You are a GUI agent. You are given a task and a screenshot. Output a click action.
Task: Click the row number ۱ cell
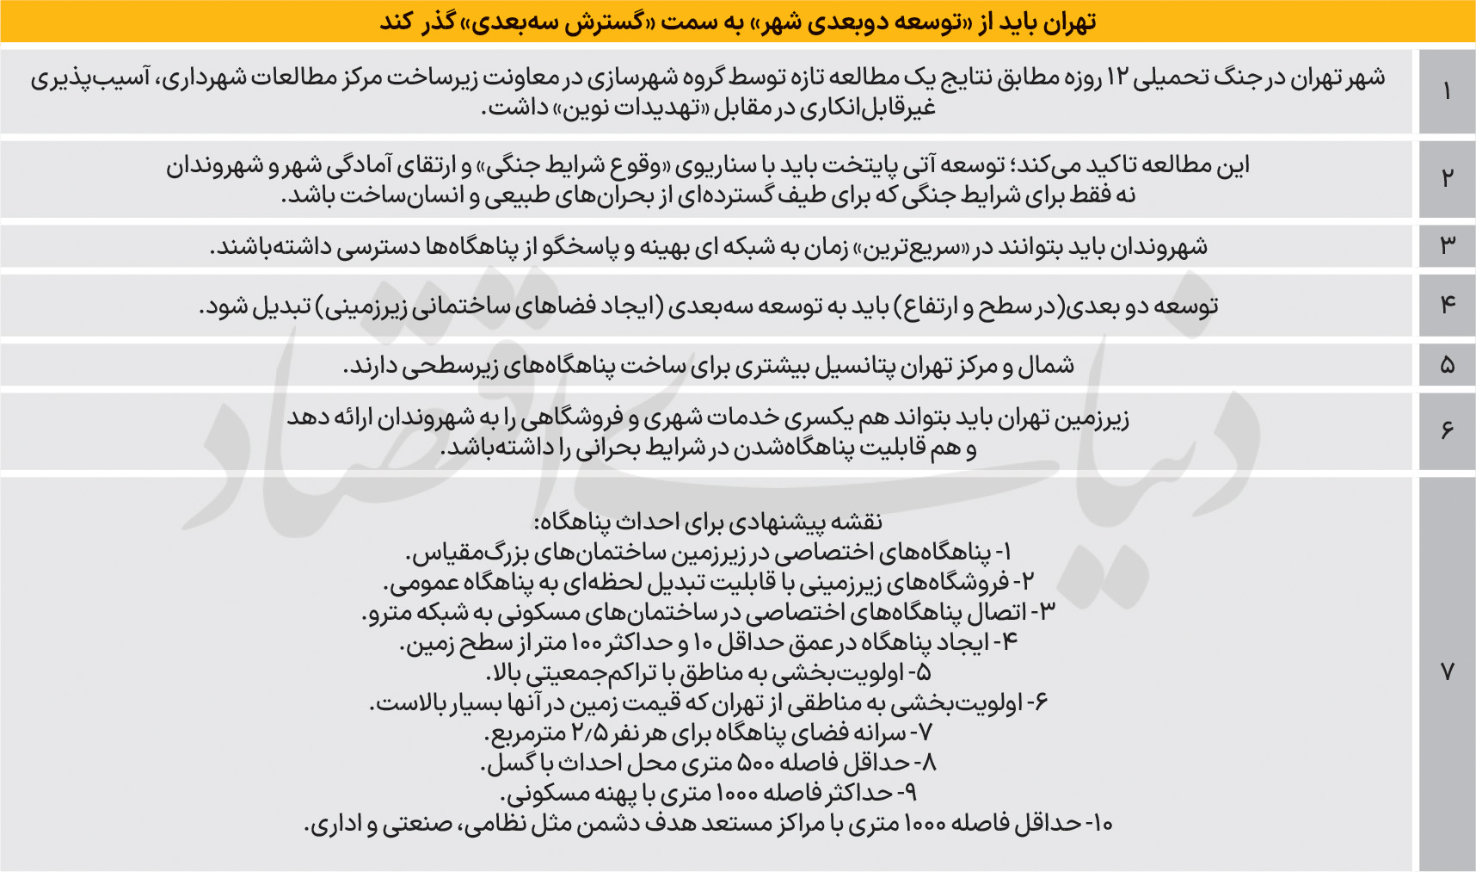pyautogui.click(x=1447, y=91)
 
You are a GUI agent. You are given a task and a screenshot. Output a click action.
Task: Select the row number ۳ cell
pyautogui.click(x=1447, y=246)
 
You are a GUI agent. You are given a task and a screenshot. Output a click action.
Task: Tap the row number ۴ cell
pyautogui.click(x=1447, y=305)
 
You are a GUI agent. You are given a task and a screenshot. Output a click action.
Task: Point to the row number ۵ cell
pyautogui.click(x=1447, y=365)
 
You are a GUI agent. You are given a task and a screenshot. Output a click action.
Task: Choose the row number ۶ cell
pyautogui.click(x=1447, y=430)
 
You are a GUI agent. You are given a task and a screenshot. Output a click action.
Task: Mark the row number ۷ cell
pyautogui.click(x=1447, y=672)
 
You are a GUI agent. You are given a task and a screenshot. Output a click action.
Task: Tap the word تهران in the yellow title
pyautogui.click(x=1067, y=22)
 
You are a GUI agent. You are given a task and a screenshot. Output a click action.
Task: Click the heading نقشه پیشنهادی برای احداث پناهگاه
pyautogui.click(x=708, y=522)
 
